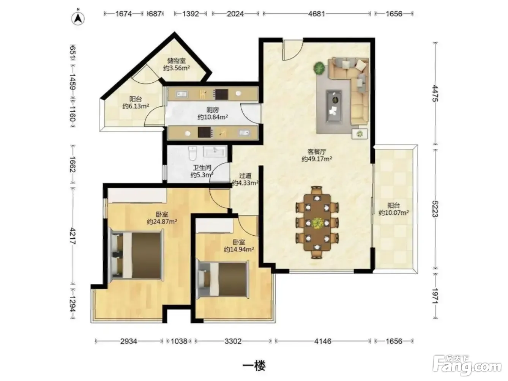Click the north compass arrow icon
coord(78,19)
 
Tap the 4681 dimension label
coord(316,14)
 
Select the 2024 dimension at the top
coord(235,14)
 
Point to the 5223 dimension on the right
coord(435,209)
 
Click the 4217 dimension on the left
coord(73,236)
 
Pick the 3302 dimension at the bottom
coord(233,341)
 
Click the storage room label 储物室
coord(177,61)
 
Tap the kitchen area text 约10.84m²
coord(213,117)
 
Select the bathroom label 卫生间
coord(202,167)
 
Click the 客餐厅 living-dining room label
coord(317,152)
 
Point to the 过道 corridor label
coord(245,176)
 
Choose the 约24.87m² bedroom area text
coord(162,222)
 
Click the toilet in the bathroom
coord(192,153)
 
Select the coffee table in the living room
coord(333,106)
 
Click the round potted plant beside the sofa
coord(319,68)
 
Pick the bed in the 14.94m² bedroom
coord(222,279)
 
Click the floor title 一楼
coord(254,366)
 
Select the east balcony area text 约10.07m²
coord(393,213)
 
